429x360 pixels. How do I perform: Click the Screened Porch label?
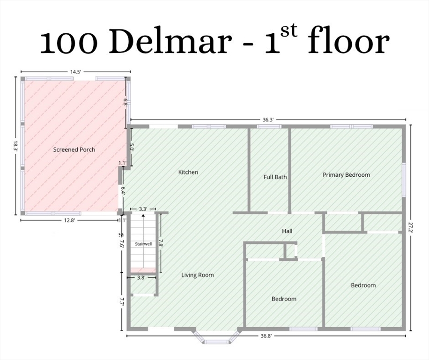[x=74, y=150]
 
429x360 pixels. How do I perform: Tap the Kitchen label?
[x=188, y=172]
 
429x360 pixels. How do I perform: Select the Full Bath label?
[x=275, y=177]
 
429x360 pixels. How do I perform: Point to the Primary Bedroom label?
[x=346, y=175]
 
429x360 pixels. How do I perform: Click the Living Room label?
[x=198, y=275]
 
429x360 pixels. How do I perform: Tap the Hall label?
[x=287, y=231]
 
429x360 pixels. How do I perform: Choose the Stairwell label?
[x=143, y=244]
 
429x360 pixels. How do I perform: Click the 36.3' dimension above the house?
[x=268, y=120]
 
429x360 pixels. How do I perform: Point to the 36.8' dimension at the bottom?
[x=266, y=336]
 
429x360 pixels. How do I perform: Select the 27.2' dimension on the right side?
[x=410, y=227]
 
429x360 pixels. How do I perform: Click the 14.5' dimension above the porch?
[x=75, y=72]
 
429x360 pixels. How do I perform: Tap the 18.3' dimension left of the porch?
[x=15, y=146]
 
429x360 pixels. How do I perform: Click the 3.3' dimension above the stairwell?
[x=143, y=209]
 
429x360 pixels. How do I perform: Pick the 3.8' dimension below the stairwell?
[x=141, y=277]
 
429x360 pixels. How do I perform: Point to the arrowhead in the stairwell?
[x=143, y=216]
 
